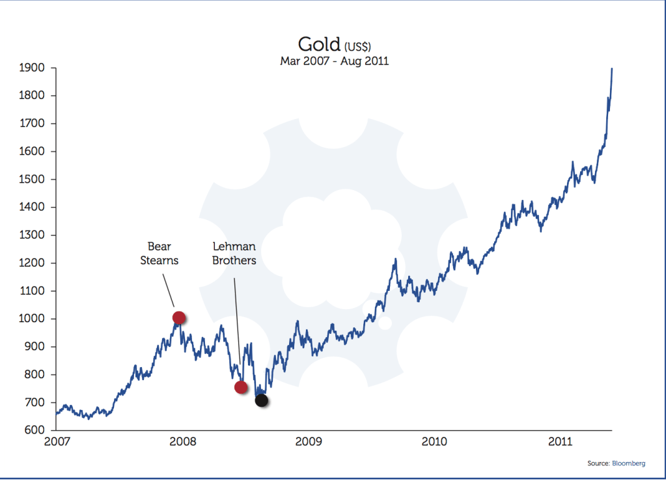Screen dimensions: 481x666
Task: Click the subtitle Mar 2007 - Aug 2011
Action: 334,61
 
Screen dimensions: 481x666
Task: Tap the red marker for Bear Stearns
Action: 179,318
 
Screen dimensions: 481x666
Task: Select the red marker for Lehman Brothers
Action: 241,387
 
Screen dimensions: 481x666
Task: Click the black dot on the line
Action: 261,400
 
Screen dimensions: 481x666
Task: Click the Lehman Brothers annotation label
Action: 234,254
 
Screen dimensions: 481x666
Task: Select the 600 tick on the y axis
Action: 33,431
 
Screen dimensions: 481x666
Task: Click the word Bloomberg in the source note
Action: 628,463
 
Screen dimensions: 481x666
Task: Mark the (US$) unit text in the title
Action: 357,46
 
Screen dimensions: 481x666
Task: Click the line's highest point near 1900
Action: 612,68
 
